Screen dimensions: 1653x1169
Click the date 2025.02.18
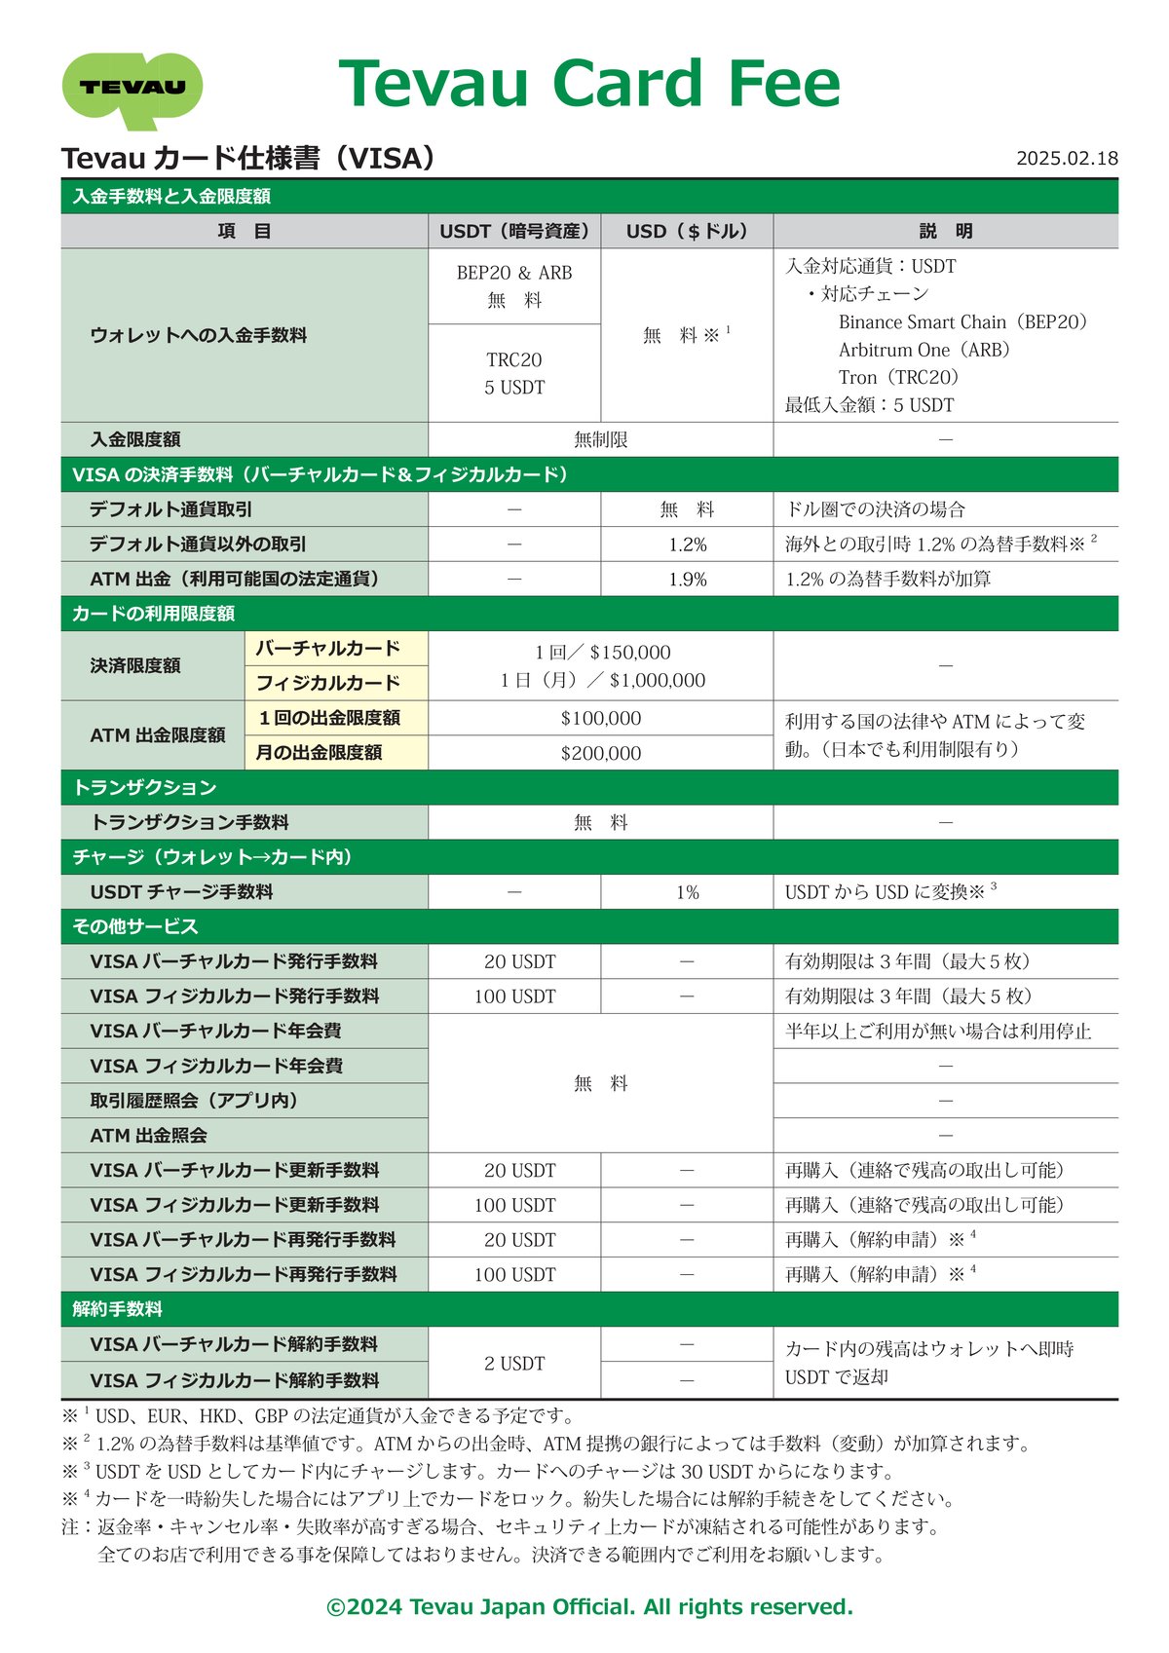point(1067,159)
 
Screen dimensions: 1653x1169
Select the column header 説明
point(945,231)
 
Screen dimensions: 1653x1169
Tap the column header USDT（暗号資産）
point(514,231)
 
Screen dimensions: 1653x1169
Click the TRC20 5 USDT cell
point(514,373)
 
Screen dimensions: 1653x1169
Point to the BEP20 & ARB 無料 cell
point(514,286)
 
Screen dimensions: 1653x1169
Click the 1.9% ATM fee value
point(687,580)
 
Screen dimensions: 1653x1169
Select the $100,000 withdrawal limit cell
point(600,719)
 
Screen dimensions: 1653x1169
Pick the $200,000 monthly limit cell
point(600,753)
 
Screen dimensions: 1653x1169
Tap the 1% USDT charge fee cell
point(687,892)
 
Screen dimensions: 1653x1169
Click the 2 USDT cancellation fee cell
point(514,1364)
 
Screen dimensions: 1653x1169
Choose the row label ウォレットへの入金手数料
point(199,335)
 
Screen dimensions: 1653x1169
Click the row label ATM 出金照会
point(148,1136)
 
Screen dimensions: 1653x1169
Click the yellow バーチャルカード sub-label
point(327,649)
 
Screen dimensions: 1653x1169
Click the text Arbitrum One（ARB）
point(924,350)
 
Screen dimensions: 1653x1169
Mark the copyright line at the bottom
point(589,1606)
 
